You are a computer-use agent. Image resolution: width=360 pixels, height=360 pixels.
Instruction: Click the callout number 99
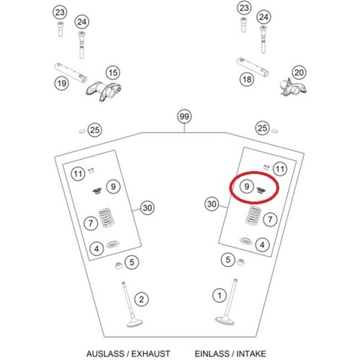click(x=184, y=117)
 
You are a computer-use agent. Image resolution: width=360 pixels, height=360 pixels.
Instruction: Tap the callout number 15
click(x=113, y=73)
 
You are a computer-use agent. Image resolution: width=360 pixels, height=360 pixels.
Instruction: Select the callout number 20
click(x=299, y=73)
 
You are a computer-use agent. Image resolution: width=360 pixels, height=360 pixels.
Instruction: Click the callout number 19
click(x=62, y=84)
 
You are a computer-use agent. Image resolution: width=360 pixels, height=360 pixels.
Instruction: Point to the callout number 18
click(x=247, y=79)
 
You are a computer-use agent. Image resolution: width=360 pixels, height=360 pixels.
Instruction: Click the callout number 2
click(x=141, y=300)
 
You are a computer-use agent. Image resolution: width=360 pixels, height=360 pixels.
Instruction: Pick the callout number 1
click(x=220, y=295)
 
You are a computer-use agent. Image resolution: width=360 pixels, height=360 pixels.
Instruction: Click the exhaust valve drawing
click(x=132, y=305)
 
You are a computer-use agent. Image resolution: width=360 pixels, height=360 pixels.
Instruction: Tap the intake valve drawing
click(x=228, y=303)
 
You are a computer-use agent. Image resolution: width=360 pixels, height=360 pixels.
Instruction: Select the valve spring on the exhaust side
click(x=106, y=217)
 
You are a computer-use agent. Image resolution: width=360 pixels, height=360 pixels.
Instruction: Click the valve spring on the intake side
click(x=254, y=215)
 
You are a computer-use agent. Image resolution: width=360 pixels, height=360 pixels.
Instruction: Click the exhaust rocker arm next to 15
click(x=104, y=91)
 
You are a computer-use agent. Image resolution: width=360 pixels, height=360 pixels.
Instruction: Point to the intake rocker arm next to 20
click(x=293, y=87)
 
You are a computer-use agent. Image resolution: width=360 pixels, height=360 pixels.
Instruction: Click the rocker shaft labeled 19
click(x=71, y=73)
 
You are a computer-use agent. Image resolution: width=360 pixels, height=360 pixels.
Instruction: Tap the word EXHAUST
click(x=150, y=354)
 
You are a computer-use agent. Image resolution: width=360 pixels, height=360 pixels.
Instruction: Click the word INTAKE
click(x=251, y=354)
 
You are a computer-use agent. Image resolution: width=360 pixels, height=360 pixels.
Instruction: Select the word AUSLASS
click(x=105, y=354)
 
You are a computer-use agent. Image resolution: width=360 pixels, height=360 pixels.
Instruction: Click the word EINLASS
click(x=212, y=354)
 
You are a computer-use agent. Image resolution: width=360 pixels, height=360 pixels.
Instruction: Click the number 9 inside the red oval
click(x=246, y=186)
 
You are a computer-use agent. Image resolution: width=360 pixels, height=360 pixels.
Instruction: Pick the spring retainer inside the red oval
click(x=261, y=191)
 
